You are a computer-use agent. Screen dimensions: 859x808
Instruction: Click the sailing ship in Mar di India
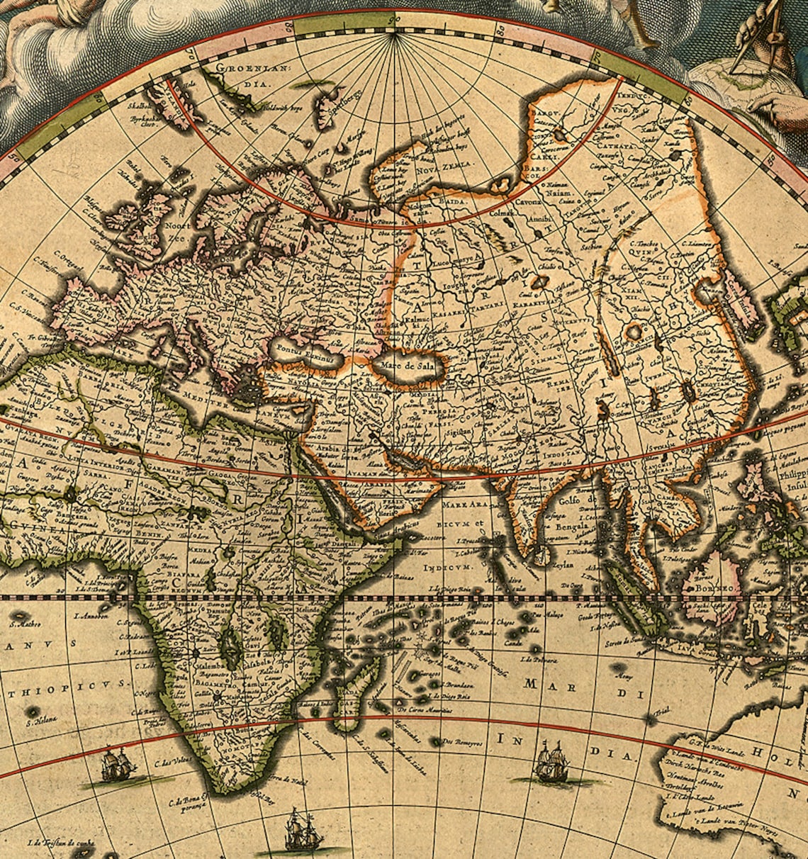coord(551,763)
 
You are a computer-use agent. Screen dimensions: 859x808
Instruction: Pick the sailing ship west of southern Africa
coord(117,765)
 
